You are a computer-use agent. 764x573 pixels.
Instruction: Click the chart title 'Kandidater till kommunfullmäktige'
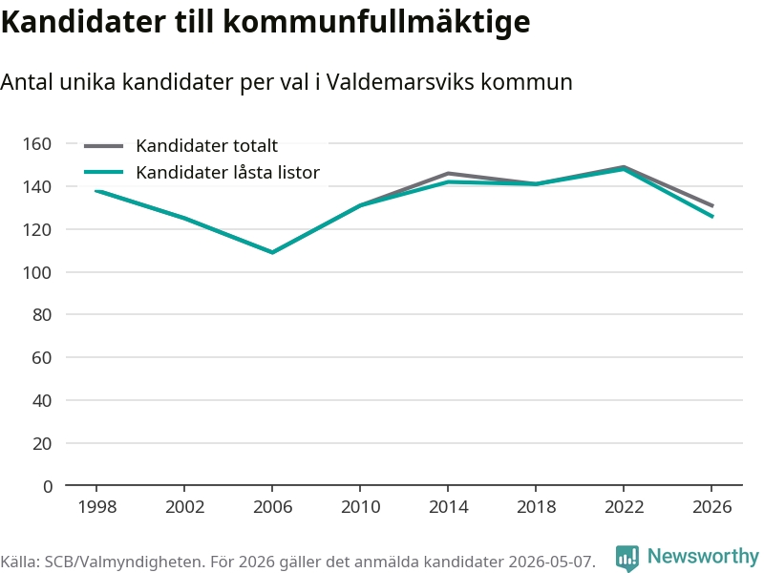pos(265,21)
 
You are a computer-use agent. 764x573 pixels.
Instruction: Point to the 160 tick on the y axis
pos(37,144)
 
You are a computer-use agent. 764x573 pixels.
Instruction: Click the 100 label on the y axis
pos(37,272)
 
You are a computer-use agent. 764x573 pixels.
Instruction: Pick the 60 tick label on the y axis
pos(42,357)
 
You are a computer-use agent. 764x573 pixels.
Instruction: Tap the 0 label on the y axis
pos(47,486)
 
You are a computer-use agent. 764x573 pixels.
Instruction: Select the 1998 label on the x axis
pos(97,507)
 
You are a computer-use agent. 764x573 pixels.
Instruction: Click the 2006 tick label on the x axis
pos(272,507)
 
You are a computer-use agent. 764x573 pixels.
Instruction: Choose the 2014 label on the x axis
pos(448,507)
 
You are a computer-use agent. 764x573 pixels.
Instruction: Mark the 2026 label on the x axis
pos(711,507)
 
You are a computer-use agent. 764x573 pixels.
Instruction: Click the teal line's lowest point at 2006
pos(272,252)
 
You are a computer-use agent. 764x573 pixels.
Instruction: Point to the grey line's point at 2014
pos(448,173)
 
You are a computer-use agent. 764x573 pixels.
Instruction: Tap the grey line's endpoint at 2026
pos(712,205)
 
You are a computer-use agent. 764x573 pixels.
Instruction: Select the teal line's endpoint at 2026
pos(712,217)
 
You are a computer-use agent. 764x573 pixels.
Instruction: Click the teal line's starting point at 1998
pos(96,190)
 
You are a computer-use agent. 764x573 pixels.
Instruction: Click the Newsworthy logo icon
pos(627,558)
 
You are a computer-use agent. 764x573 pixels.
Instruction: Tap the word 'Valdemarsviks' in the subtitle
pos(400,82)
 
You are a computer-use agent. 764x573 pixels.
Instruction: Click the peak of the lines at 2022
pos(624,168)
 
